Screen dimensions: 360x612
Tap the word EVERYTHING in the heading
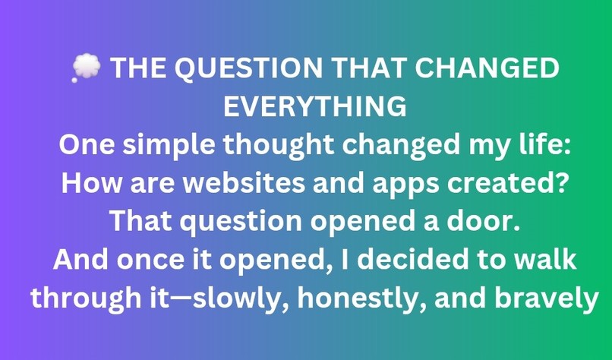pos(314,107)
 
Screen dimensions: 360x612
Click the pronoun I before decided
pos(334,260)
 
